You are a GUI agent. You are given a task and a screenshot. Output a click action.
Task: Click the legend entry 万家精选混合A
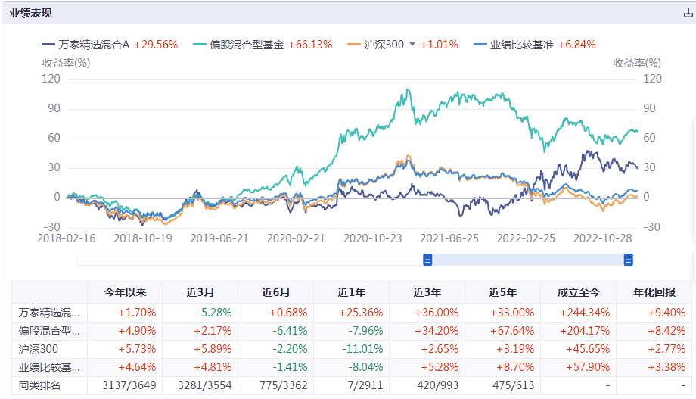point(94,45)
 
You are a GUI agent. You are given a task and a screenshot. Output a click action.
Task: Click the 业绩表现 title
point(31,14)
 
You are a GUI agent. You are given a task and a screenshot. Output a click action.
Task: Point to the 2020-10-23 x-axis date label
point(372,238)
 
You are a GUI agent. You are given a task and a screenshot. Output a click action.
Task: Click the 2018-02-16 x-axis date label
point(66,238)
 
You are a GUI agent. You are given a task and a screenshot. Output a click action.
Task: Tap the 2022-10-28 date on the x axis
point(601,238)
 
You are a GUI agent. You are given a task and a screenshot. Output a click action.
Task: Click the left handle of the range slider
point(427,260)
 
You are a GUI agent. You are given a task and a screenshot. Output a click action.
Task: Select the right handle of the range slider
point(628,260)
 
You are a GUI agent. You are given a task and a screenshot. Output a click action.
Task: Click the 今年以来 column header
point(124,293)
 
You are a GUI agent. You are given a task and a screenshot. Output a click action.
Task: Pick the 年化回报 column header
point(654,293)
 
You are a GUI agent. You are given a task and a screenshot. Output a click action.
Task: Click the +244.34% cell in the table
point(578,312)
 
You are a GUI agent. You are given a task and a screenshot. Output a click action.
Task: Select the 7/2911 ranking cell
point(351,385)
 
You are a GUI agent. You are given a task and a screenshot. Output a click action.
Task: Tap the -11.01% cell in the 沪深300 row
point(351,349)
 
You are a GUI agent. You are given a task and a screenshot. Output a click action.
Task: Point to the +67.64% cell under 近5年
point(502,331)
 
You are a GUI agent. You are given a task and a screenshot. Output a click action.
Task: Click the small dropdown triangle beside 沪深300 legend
point(412,45)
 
